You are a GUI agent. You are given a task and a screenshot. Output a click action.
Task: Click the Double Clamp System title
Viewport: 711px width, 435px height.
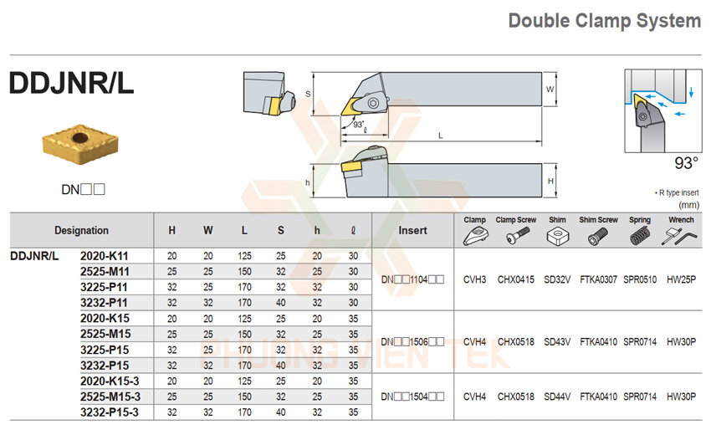click(604, 21)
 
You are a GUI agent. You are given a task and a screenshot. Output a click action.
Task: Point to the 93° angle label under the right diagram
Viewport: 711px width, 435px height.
click(687, 164)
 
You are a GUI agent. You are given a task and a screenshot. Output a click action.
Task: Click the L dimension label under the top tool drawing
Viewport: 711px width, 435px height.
click(440, 136)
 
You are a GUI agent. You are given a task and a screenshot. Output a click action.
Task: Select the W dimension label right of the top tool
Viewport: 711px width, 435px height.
click(550, 89)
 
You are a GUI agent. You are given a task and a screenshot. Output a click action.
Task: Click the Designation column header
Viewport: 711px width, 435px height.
click(81, 230)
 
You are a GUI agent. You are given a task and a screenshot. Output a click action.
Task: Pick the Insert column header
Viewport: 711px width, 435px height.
click(412, 230)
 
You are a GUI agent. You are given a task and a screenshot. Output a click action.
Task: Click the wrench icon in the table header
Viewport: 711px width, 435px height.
click(681, 237)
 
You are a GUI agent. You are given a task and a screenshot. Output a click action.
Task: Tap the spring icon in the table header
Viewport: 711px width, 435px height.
click(640, 237)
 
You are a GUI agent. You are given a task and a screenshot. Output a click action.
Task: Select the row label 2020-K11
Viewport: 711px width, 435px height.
click(105, 255)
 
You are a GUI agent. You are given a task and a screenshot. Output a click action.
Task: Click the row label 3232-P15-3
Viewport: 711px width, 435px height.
click(110, 412)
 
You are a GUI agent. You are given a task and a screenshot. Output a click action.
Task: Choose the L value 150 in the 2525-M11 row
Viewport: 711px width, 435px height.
click(244, 271)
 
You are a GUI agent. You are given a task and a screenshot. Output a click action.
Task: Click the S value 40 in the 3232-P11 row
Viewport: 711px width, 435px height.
click(280, 303)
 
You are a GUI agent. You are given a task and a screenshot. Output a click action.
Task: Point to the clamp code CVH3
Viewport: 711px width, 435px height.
click(474, 279)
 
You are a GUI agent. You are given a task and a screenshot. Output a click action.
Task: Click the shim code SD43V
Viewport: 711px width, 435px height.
click(557, 341)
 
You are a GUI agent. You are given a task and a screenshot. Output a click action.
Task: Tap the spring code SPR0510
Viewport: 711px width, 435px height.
click(640, 279)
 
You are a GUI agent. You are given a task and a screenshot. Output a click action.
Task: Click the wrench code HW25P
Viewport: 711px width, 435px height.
click(681, 279)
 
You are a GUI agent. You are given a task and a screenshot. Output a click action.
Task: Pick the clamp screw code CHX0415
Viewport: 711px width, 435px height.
click(515, 279)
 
